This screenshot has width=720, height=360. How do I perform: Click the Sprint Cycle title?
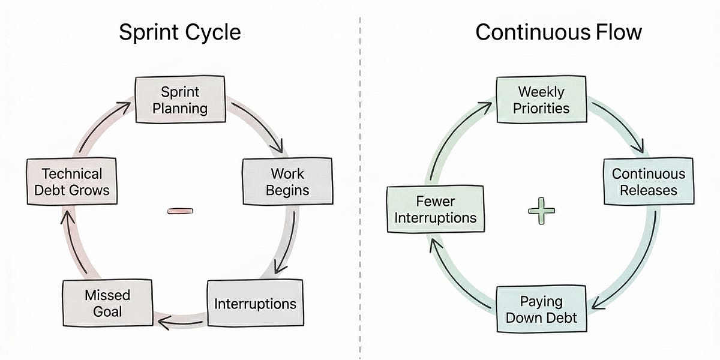coord(179,32)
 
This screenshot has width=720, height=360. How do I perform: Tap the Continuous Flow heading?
coord(558,32)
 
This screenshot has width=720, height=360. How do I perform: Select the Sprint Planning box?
coord(180,100)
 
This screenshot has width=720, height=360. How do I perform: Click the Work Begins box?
coord(287,182)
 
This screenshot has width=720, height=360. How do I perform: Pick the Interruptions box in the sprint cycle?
coord(255,304)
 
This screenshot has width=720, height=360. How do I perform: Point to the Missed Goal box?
coord(107,303)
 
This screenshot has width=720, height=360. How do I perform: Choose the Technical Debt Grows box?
coord(71,182)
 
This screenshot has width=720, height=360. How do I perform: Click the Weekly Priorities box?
coord(541,100)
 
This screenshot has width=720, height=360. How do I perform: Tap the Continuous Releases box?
coord(648,182)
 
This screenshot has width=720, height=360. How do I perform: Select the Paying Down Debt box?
coord(541,308)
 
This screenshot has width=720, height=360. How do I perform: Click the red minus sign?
coord(180,211)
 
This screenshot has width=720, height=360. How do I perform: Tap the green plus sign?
coord(541,211)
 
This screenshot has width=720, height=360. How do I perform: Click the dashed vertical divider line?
coord(360,180)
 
